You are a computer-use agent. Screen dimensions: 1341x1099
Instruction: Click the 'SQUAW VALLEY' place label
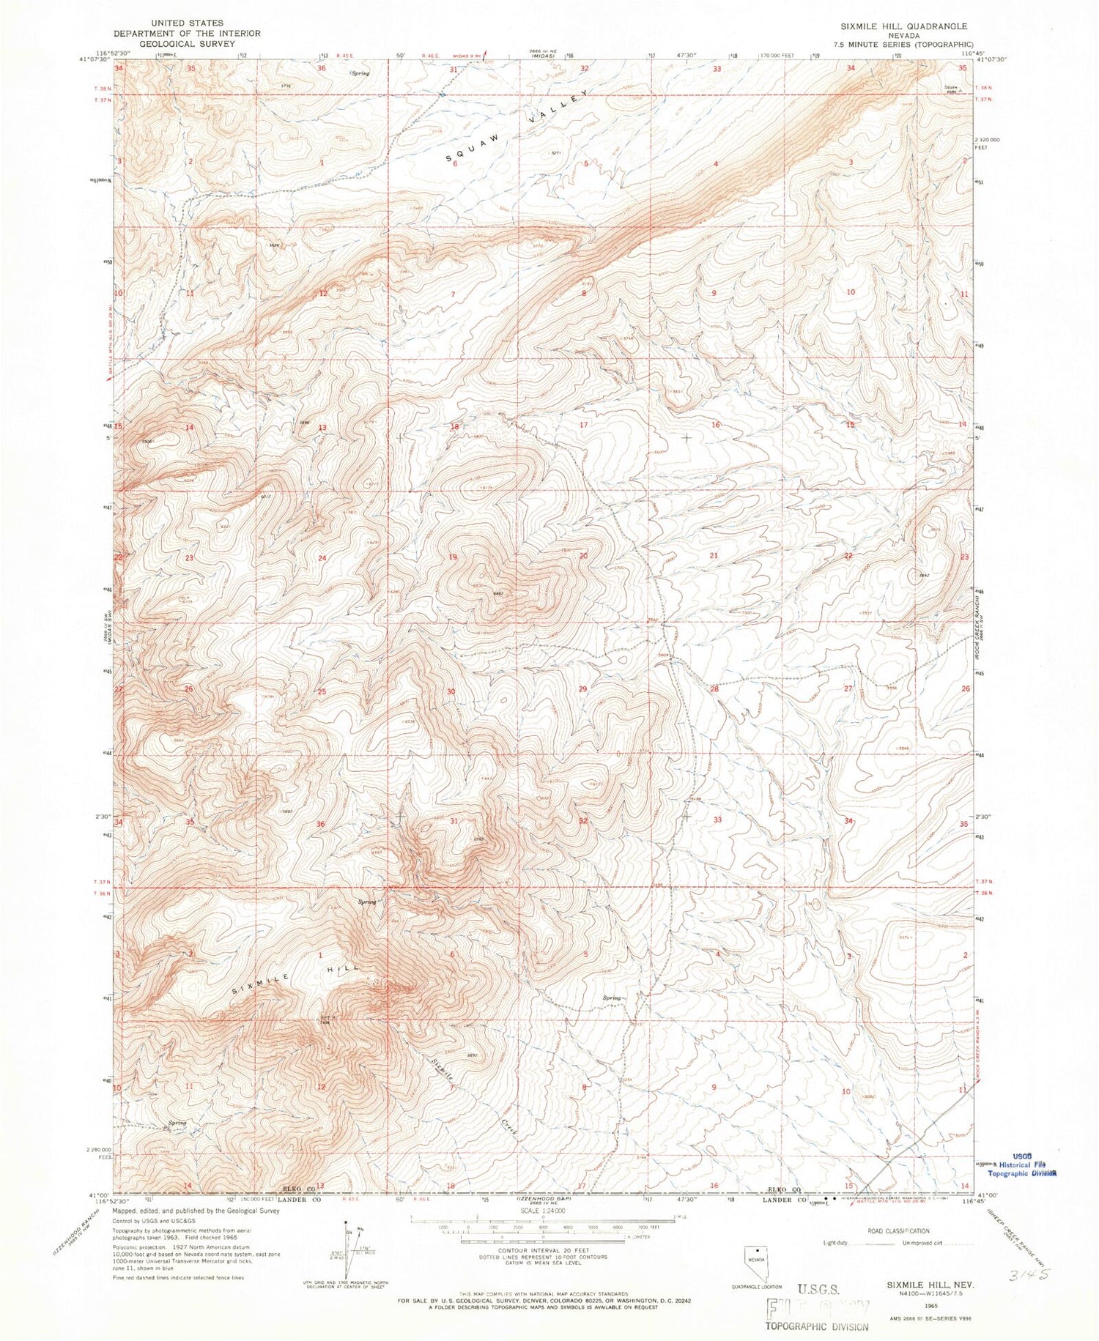pyautogui.click(x=517, y=127)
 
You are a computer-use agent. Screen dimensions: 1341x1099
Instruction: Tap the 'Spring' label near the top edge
pyautogui.click(x=359, y=73)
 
